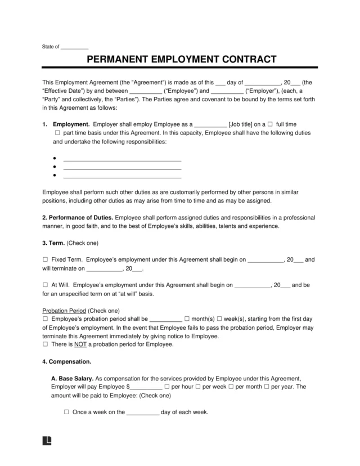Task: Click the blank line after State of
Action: point(74,47)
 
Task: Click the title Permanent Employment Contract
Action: point(179,59)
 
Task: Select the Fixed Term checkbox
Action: point(46,260)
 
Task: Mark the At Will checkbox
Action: point(46,285)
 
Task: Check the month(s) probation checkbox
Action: point(187,318)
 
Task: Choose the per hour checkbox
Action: point(166,387)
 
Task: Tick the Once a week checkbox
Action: point(66,412)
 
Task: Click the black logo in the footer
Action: point(47,440)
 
